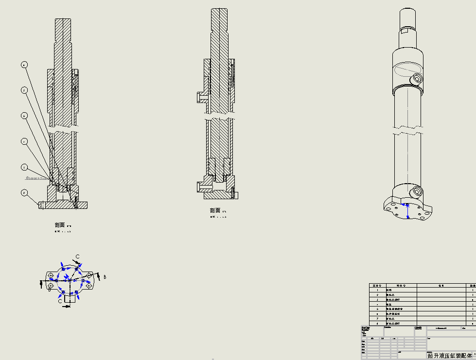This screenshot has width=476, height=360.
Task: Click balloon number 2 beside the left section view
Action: pos(24,192)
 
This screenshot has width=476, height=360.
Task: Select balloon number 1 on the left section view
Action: pos(24,167)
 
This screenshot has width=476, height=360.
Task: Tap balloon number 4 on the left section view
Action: pos(24,141)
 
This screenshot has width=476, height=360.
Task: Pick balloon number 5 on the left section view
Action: pos(24,115)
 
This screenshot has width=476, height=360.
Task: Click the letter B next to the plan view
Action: pos(105,277)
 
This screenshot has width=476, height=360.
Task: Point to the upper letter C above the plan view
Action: pos(77,257)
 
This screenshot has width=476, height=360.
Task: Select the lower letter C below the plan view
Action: pos(60,301)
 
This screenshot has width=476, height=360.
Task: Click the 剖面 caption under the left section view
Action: pos(60,225)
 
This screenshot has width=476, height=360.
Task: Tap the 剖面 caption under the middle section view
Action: pos(215,210)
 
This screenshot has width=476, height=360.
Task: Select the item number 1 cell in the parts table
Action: pos(377,290)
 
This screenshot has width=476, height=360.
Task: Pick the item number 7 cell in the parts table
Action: pos(377,319)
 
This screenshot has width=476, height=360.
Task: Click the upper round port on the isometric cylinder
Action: pos(417,79)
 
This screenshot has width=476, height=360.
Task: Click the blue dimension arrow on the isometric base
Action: pos(407,211)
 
